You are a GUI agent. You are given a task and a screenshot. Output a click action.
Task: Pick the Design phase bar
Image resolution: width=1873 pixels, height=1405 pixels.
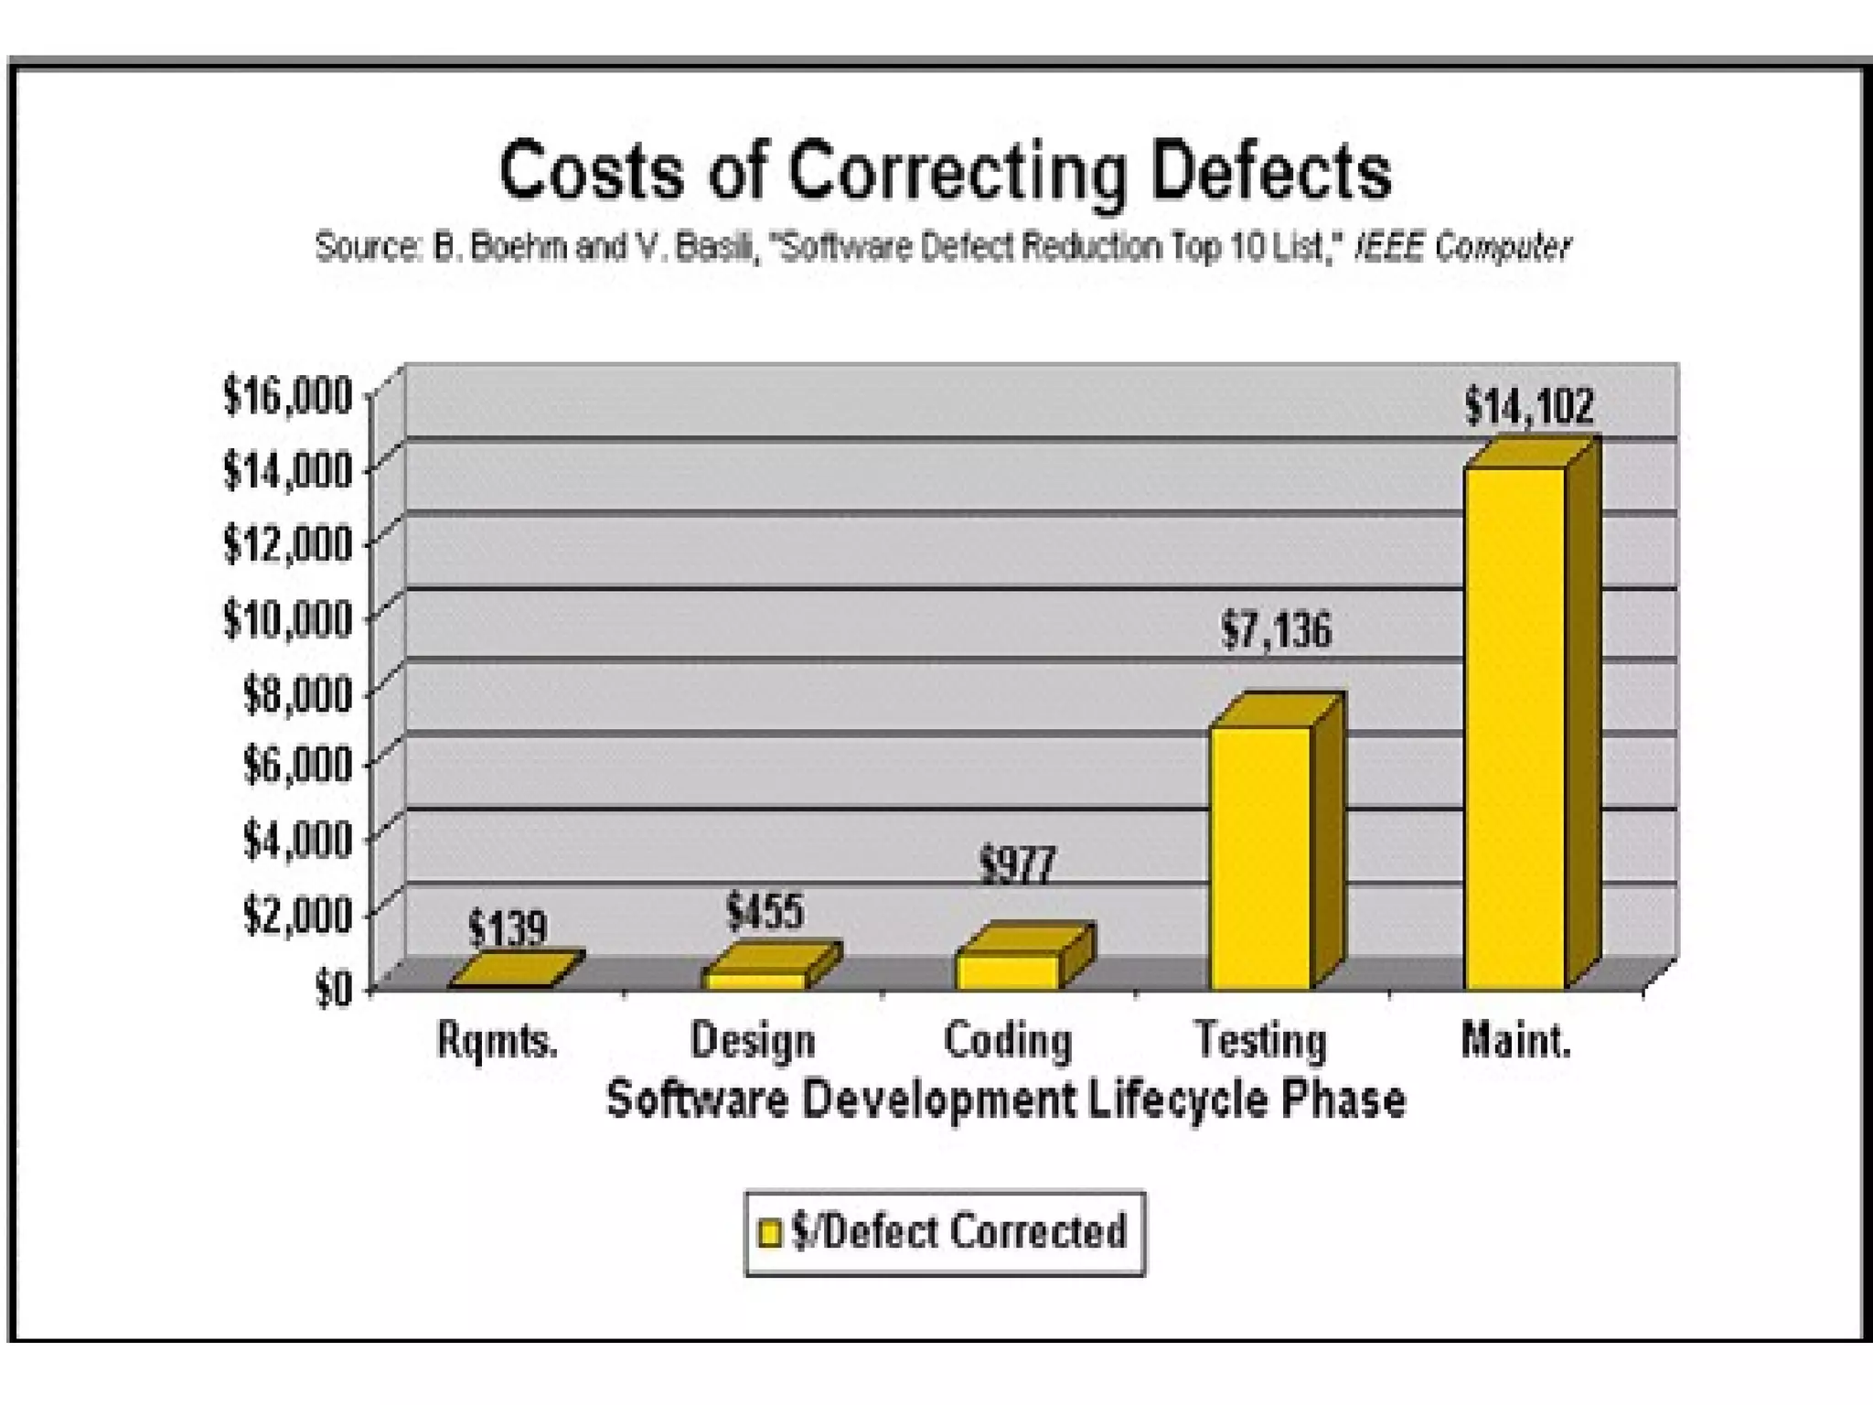coord(755,980)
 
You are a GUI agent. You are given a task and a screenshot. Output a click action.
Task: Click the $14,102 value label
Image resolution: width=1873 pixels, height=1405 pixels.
coord(1529,405)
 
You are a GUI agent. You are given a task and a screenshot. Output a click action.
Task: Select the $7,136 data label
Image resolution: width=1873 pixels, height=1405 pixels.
coord(1277,630)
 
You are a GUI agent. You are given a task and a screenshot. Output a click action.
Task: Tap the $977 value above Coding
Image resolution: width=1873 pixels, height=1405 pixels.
coord(1017,864)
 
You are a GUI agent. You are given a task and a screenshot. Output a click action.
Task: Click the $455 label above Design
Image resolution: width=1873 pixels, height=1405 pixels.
coord(765,911)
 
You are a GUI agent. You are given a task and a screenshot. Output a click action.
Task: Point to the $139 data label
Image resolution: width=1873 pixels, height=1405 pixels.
coord(507,928)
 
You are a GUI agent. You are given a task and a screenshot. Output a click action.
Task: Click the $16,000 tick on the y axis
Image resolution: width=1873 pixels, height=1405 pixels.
coord(287,396)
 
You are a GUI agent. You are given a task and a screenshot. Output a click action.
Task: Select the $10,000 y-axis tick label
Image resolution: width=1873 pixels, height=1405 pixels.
coord(287,619)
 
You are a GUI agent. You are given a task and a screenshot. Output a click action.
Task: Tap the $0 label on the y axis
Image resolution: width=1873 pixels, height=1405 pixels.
coord(333,989)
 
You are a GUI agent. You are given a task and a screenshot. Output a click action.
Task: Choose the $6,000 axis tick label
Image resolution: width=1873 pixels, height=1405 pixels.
coord(296,765)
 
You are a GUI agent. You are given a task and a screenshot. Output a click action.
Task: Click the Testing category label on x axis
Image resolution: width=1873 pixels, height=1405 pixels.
coord(1260,1041)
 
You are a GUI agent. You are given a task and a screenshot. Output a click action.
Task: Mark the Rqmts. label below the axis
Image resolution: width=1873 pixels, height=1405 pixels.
coord(498,1041)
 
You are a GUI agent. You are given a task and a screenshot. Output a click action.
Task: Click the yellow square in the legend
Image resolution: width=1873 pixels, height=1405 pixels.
coord(771,1233)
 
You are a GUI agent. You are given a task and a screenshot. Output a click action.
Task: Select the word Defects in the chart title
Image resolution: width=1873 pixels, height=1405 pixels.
coord(1271,171)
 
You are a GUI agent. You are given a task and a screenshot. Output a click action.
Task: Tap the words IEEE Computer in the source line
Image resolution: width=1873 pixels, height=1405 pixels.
coord(1461,247)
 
